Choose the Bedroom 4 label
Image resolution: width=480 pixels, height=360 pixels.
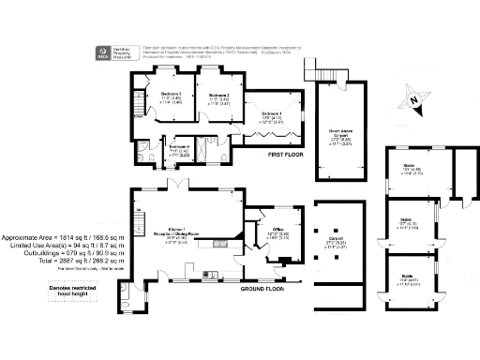tap(179, 148)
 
